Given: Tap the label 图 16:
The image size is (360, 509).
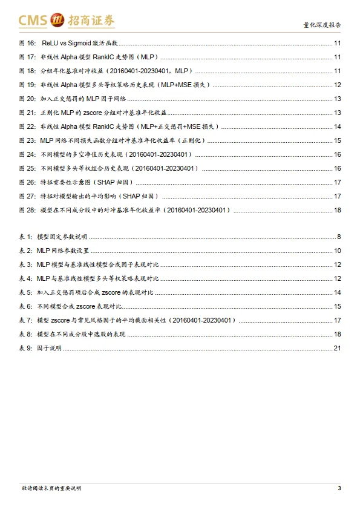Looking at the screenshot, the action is (x=27, y=43).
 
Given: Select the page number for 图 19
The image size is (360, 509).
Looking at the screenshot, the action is (x=337, y=85).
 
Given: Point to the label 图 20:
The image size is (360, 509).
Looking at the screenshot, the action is (x=27, y=99).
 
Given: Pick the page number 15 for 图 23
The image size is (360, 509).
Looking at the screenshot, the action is (x=337, y=140).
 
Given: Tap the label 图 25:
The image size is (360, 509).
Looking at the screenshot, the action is (x=27, y=168).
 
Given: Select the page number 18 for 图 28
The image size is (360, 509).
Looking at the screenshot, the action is (x=337, y=210).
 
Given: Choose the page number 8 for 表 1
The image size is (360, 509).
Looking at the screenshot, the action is (x=339, y=237).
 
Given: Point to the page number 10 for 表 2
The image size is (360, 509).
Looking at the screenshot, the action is (x=337, y=251).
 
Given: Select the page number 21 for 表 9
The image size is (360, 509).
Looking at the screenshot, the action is (x=337, y=348).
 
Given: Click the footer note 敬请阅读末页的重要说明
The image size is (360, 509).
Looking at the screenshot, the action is (x=51, y=488).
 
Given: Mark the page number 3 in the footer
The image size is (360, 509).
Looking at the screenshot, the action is (x=339, y=488).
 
